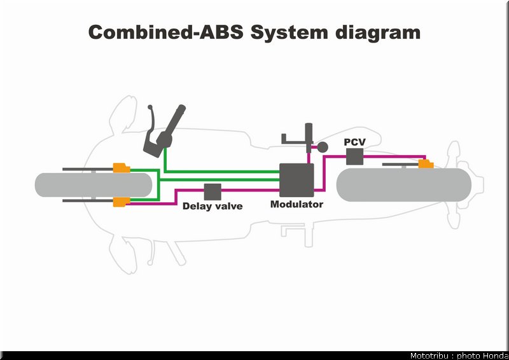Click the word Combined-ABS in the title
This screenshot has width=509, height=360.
[x=165, y=32]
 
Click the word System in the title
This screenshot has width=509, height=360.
[x=289, y=33]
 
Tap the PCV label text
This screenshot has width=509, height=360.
[x=354, y=142]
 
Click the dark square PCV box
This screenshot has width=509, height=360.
[x=354, y=156]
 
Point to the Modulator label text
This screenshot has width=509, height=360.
[x=296, y=204]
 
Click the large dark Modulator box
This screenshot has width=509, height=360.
[x=296, y=180]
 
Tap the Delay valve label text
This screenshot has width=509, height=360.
[x=213, y=206]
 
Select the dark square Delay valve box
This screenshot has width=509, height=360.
[x=213, y=192]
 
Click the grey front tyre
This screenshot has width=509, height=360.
[x=94, y=184]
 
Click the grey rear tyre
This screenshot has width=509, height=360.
[x=404, y=184]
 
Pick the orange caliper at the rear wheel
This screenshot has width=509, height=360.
[x=426, y=164]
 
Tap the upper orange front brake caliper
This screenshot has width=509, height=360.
[x=122, y=168]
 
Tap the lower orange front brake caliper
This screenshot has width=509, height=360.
[x=122, y=202]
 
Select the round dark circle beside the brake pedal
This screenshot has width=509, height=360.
[x=323, y=147]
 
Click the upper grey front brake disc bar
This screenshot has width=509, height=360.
[x=88, y=169]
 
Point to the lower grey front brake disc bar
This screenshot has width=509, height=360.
[x=88, y=200]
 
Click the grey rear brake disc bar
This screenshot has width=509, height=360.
[x=400, y=165]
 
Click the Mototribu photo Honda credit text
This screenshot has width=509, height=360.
[x=459, y=356]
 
